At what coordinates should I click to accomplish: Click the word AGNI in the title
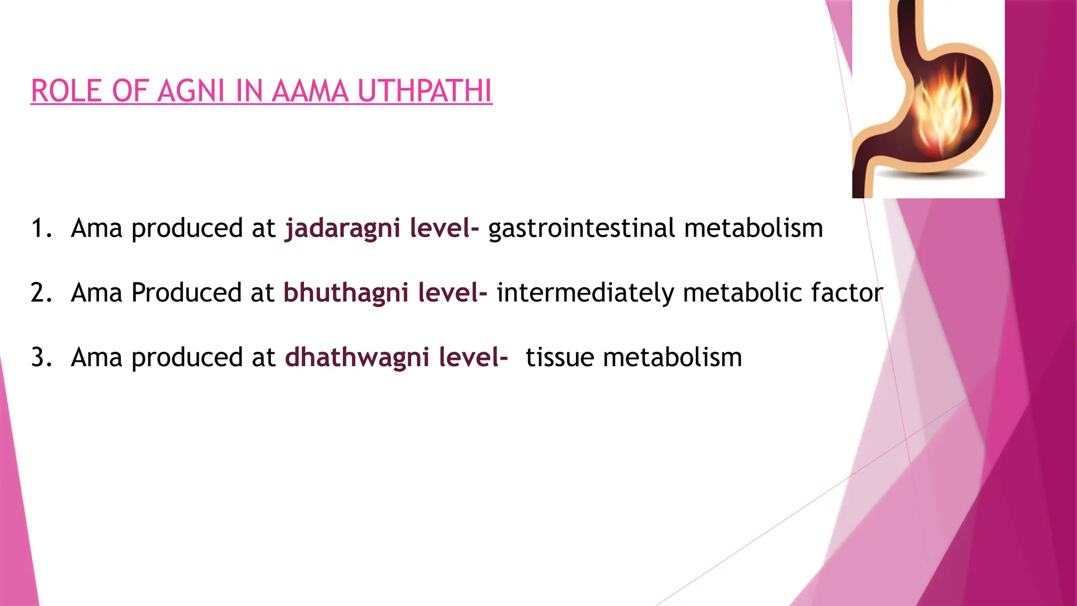click(191, 91)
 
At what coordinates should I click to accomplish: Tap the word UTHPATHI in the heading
click(425, 91)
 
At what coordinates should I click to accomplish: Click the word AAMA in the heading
click(310, 91)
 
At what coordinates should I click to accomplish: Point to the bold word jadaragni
click(343, 229)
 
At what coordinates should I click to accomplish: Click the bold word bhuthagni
click(346, 293)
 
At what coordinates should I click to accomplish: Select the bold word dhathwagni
click(357, 358)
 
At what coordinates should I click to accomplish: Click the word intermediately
click(585, 293)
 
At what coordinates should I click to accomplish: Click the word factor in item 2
click(847, 293)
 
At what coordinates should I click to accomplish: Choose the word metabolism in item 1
click(754, 229)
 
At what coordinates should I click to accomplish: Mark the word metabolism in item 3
click(673, 358)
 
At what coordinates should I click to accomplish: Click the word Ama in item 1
click(97, 229)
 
